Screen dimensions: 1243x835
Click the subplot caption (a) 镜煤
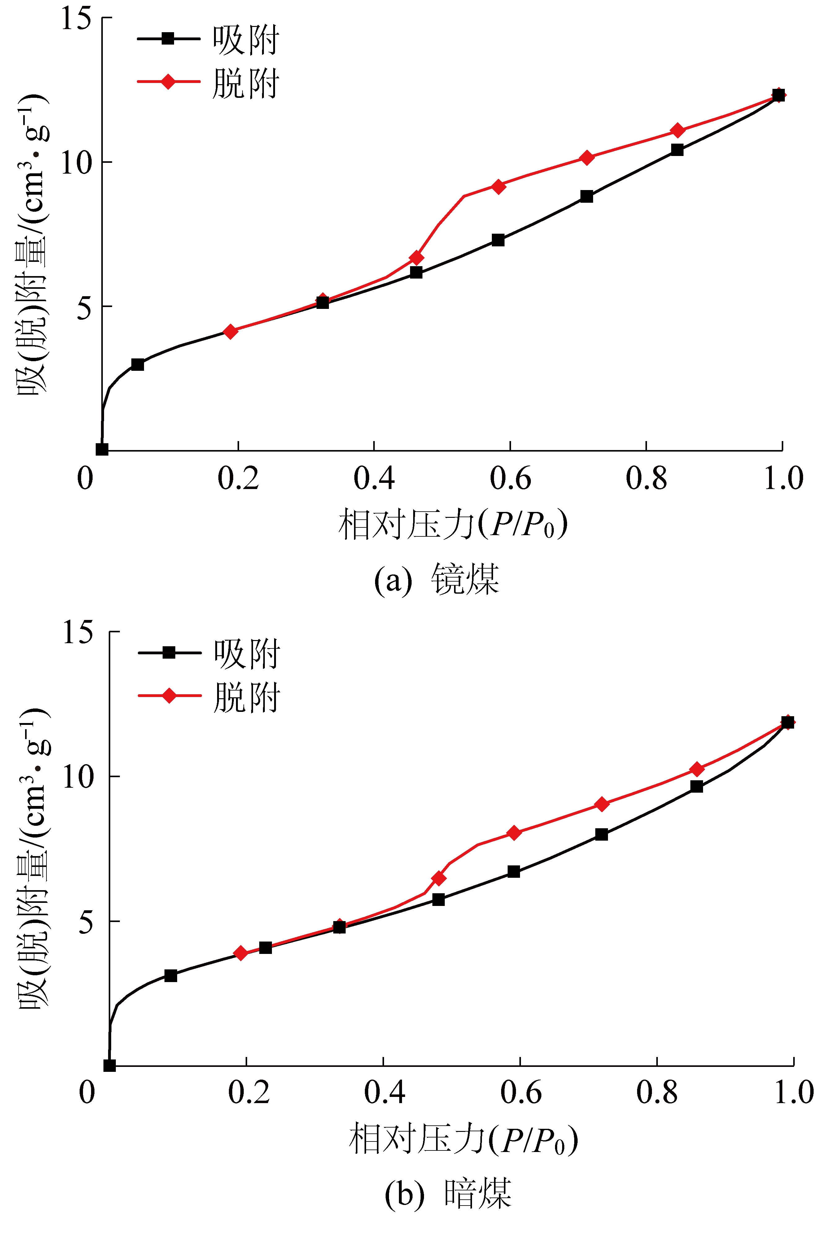click(437, 579)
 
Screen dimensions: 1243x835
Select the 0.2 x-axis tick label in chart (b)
click(249, 1092)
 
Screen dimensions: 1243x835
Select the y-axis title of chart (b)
click(33, 857)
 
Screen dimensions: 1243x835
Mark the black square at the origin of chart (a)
click(102, 449)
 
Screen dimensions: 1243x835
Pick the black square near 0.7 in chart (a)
click(586, 196)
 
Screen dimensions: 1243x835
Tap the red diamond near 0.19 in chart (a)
click(230, 331)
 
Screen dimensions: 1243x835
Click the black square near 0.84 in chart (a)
click(677, 149)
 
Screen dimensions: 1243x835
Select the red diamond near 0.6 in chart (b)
click(514, 833)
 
